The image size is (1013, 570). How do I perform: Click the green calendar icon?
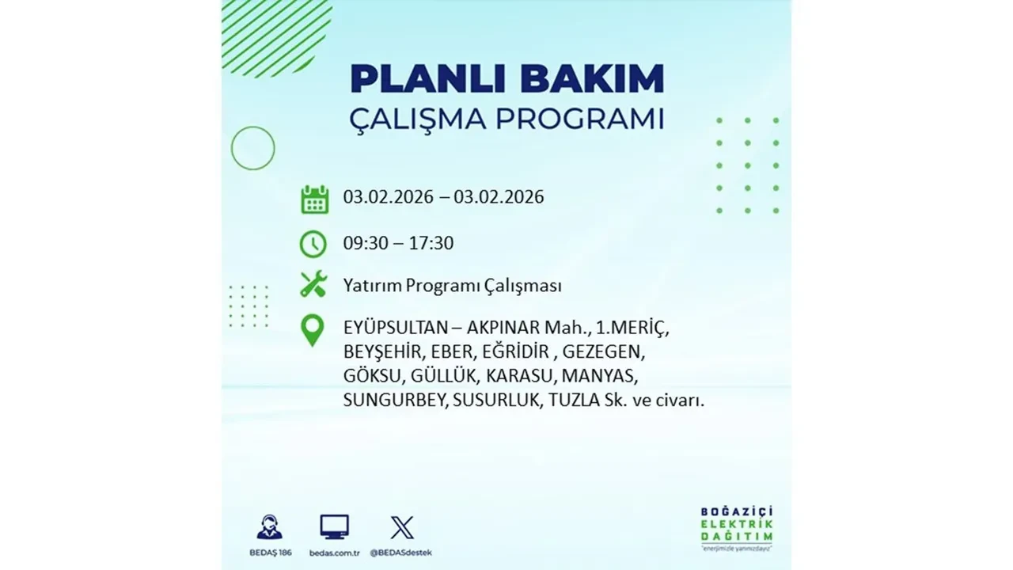point(314,199)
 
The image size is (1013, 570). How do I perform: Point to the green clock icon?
point(313,244)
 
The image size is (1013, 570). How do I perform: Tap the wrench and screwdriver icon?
point(313,284)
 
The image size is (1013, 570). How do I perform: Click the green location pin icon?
point(313,331)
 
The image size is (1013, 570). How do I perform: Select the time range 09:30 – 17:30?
point(398,243)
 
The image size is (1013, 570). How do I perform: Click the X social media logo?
point(402,527)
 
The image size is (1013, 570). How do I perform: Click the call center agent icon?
point(269,527)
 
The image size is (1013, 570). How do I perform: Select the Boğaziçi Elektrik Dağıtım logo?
point(737,527)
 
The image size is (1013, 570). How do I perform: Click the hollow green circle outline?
point(252,148)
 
